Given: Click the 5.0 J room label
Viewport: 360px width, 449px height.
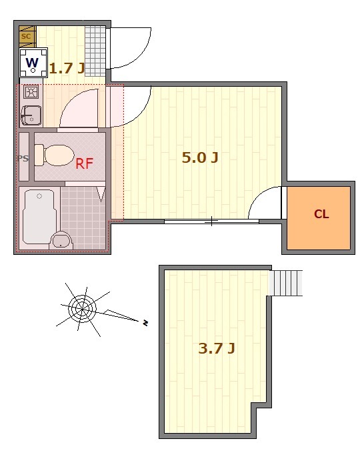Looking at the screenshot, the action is click(200, 157).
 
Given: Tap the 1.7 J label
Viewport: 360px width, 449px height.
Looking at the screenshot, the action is click(67, 68).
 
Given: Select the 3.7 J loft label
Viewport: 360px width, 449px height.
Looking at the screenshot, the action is click(217, 348).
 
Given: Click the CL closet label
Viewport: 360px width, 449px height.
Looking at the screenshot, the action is click(321, 214).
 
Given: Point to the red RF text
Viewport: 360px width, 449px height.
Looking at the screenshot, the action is click(85, 163).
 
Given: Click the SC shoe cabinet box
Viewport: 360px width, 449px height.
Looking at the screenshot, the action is click(27, 37).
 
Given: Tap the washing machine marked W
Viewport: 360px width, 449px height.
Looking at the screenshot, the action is click(33, 63).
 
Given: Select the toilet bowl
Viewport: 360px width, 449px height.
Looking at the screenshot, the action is click(55, 155).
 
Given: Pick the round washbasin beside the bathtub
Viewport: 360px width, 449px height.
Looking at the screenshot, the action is click(61, 240).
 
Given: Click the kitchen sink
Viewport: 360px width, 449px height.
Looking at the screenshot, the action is click(31, 115).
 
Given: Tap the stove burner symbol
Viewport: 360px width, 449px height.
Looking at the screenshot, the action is click(30, 92).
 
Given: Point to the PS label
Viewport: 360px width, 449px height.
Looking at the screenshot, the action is click(23, 158).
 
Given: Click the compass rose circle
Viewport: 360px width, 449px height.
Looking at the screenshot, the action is click(83, 309).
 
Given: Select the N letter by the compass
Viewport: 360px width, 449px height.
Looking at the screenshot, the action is click(145, 323).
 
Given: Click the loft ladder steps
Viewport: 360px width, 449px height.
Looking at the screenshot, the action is click(286, 283).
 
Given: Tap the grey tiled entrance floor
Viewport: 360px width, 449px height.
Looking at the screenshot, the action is click(95, 51).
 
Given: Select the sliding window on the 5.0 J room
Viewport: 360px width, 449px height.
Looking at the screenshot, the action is click(211, 221).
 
